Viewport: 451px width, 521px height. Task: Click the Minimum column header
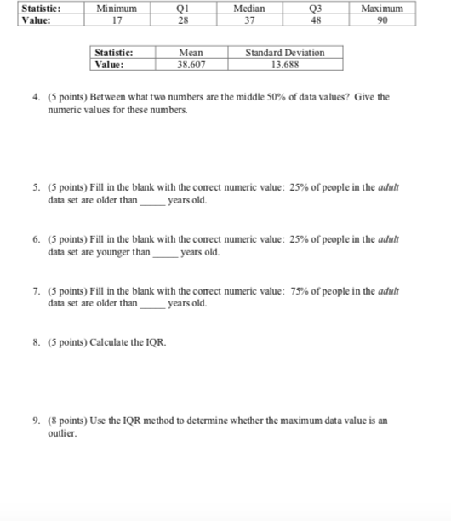tap(118, 9)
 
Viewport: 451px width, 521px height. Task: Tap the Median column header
tap(248, 9)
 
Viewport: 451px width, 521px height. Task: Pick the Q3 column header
tap(316, 9)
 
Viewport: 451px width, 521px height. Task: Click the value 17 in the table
tap(118, 20)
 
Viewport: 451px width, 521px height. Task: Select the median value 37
tap(248, 20)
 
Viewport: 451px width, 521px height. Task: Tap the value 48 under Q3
tap(316, 20)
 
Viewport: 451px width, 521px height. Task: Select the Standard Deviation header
tap(284, 53)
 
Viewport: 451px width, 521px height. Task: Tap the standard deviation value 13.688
tap(284, 64)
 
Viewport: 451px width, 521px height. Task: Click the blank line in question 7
tap(151, 304)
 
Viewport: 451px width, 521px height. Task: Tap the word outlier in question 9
tap(62, 434)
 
